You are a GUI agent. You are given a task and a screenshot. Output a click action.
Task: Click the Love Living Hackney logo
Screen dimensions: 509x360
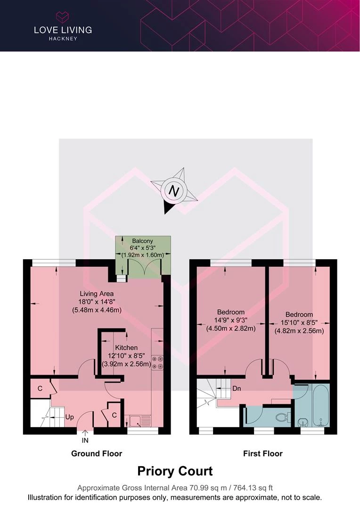coord(63,26)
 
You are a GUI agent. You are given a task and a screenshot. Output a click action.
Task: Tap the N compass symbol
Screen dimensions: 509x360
coord(174,191)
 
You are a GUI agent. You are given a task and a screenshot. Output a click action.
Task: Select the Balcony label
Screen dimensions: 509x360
coord(142,241)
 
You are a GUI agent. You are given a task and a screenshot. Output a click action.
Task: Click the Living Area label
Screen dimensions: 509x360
coord(96,294)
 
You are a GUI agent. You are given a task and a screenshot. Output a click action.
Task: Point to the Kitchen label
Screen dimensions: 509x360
coord(126,348)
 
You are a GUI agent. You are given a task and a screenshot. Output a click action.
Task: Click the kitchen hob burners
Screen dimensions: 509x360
coord(157,362)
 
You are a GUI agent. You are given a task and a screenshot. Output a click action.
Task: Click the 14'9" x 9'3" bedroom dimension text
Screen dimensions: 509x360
coord(231,320)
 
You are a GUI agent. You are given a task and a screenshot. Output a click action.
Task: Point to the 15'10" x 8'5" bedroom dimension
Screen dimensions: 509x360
coord(299,323)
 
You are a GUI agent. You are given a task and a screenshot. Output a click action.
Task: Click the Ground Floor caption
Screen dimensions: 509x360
coord(97,454)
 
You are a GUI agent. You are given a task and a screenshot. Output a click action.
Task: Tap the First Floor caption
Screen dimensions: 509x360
coord(262,454)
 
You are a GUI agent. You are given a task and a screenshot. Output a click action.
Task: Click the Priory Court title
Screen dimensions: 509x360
coord(175,471)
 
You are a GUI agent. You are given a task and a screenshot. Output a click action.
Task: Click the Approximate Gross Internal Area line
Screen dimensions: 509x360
coord(175,488)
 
